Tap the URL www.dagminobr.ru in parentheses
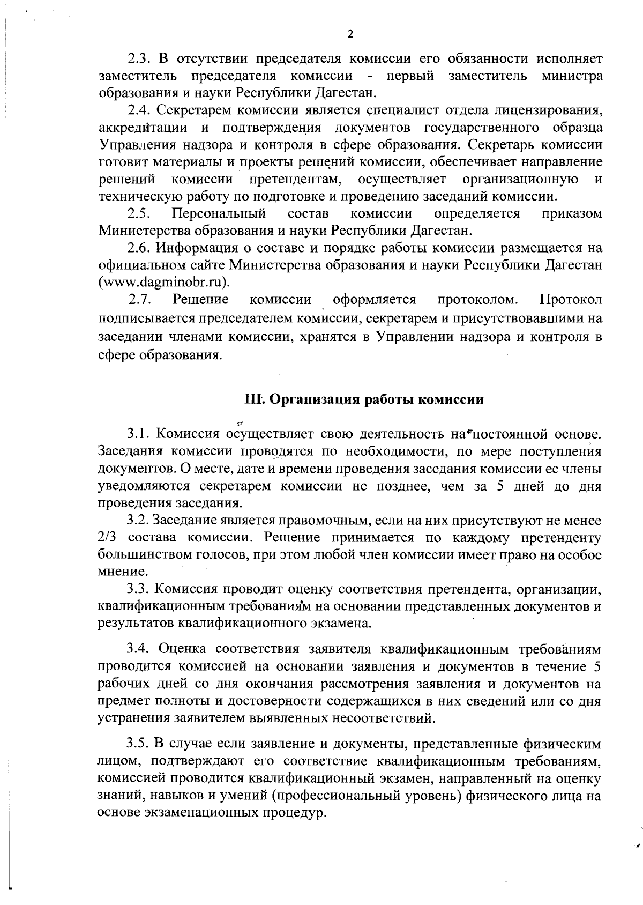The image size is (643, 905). pos(162,282)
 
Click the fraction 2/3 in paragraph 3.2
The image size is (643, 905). pos(108,538)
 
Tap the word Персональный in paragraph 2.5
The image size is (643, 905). pos(219,214)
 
